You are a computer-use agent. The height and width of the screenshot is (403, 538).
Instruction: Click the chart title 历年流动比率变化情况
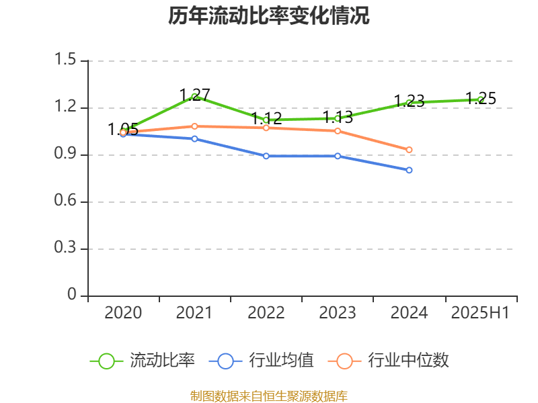click(269, 16)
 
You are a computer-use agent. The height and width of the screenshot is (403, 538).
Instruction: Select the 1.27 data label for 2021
click(195, 95)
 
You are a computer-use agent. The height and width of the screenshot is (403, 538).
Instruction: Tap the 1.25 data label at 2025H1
click(481, 99)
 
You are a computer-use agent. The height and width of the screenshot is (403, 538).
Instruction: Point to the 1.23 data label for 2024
click(409, 101)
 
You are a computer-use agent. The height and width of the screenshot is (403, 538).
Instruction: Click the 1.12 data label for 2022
click(266, 119)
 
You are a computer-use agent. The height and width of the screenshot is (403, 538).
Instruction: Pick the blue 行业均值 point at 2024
click(409, 170)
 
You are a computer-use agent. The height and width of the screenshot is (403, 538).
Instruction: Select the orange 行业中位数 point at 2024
click(409, 150)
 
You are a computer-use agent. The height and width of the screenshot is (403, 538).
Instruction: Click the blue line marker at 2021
click(194, 139)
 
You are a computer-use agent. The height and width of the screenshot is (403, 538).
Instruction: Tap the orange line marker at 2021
click(194, 126)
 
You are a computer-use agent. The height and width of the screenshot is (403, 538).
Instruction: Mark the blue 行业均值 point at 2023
click(338, 156)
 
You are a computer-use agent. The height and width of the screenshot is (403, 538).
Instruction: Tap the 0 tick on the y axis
click(72, 296)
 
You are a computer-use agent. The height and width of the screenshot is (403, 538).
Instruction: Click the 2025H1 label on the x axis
click(480, 313)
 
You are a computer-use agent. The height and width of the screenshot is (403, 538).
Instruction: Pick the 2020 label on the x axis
click(123, 313)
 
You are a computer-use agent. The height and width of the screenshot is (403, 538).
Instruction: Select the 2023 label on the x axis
click(338, 313)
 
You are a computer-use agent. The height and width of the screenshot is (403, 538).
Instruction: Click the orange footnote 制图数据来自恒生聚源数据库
click(269, 396)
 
